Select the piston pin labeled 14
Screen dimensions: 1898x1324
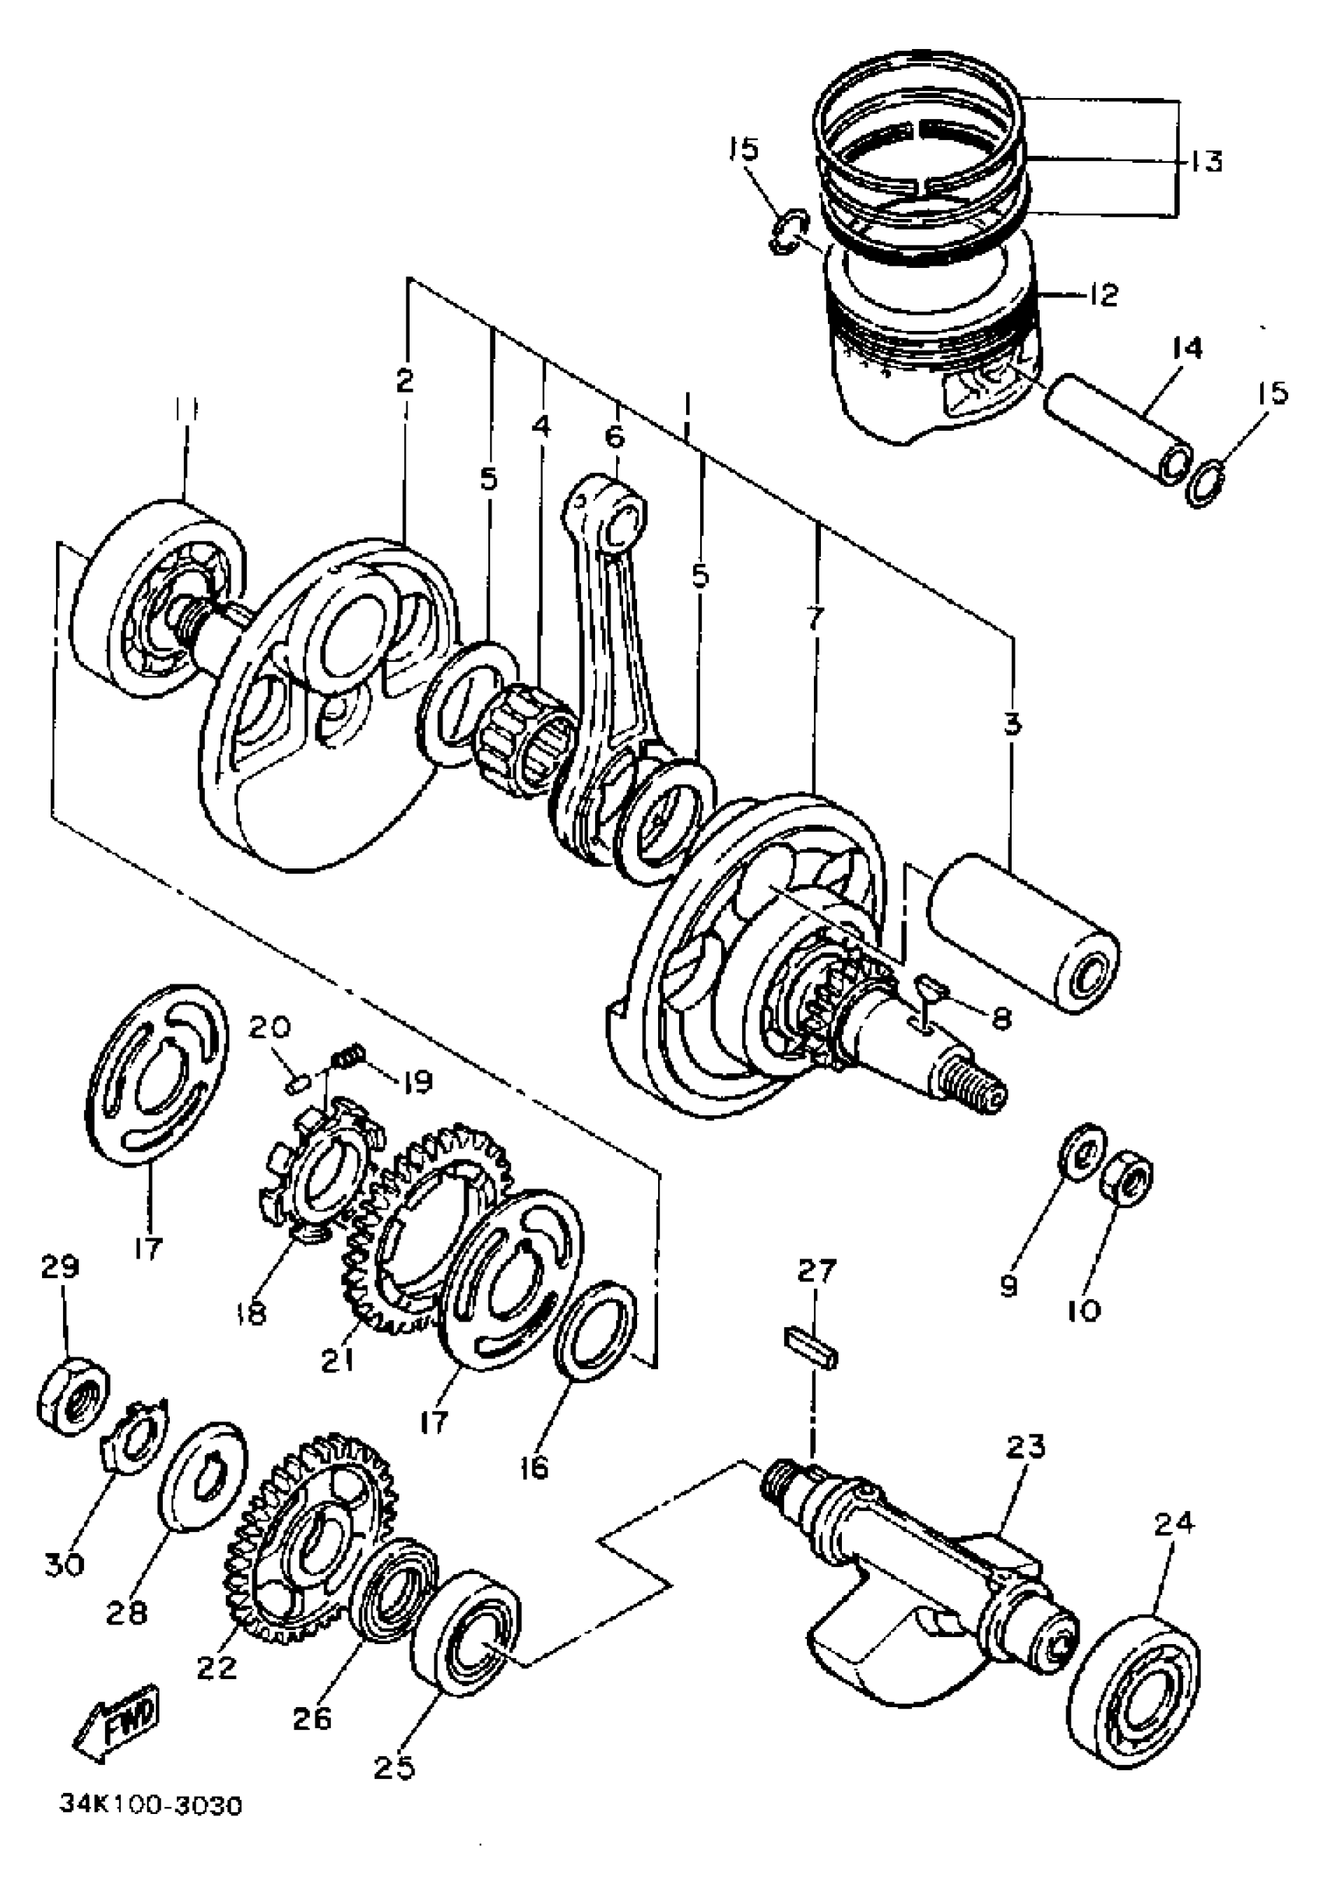(1118, 434)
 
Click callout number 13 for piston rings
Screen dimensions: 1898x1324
(1207, 160)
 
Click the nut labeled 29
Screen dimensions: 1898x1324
(72, 1403)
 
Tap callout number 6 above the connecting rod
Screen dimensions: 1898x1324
(616, 435)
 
